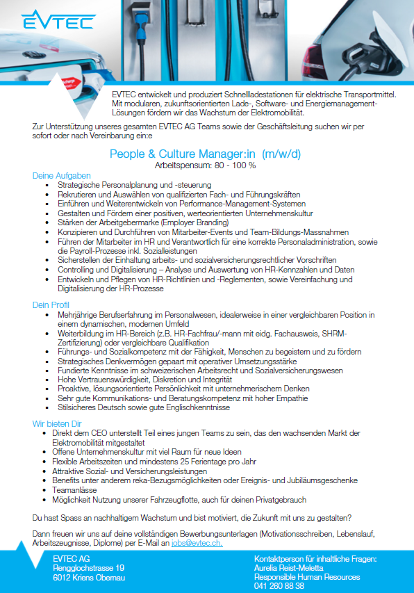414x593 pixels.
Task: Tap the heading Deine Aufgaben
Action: pos(62,176)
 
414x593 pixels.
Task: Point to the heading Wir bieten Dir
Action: pos(58,423)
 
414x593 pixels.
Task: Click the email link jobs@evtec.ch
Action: pos(197,543)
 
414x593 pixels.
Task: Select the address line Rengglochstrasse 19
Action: pos(89,568)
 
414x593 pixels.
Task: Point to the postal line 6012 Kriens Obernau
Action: pos(89,577)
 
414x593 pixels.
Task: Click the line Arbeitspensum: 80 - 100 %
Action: pos(205,165)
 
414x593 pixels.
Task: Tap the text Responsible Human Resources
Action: pos(307,576)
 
